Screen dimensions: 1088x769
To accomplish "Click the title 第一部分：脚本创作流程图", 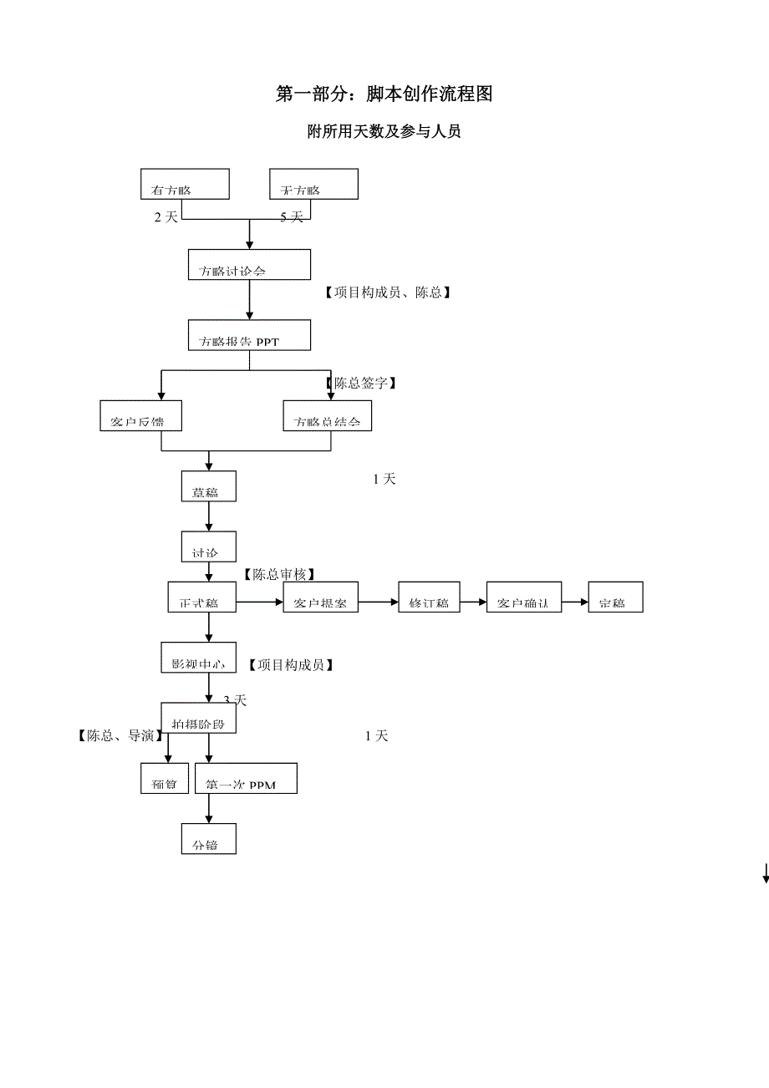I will (384, 94).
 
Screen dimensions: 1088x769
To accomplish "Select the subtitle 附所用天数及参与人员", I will (384, 132).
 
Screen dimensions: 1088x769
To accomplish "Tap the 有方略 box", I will (185, 184).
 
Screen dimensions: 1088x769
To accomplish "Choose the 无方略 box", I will (313, 184).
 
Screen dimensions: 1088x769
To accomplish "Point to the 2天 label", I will (166, 217).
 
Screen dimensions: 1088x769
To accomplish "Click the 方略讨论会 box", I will (249, 264).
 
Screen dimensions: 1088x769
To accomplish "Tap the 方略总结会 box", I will (327, 415).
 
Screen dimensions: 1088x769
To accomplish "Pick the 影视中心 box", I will (199, 658).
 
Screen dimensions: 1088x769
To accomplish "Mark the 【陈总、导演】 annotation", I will (120, 736).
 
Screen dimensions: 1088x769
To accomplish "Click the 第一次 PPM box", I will (246, 778).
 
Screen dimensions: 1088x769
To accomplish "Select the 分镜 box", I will (209, 839).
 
